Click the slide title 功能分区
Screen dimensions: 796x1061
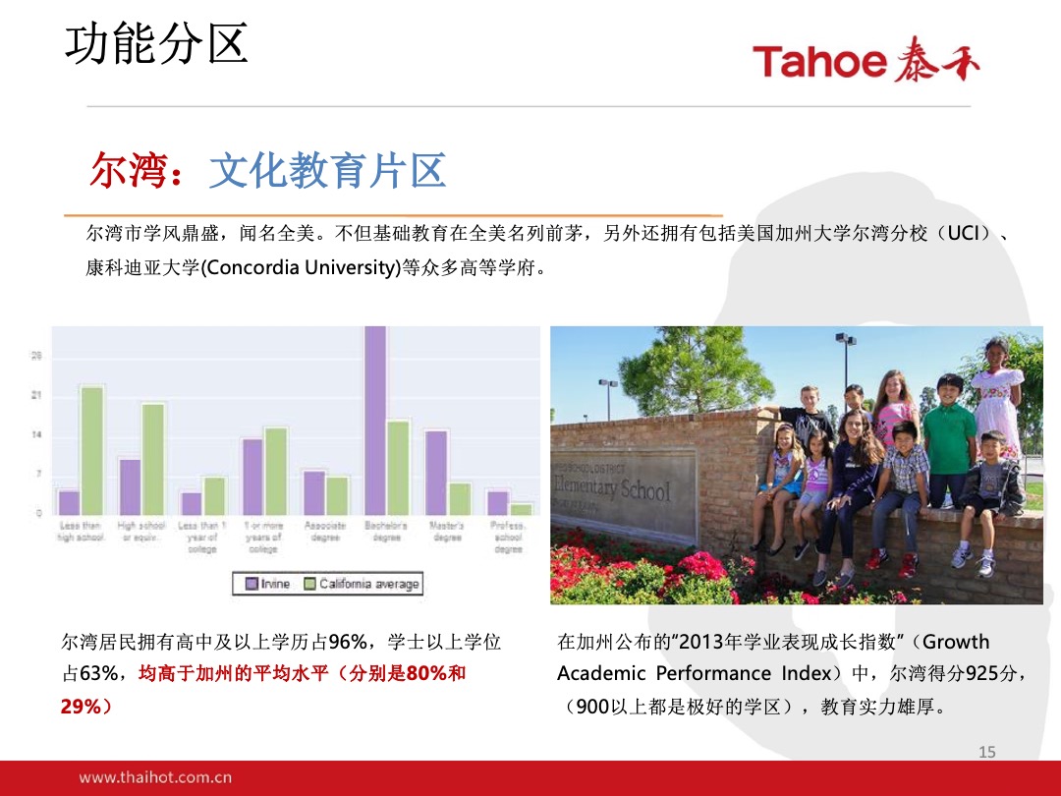[156, 44]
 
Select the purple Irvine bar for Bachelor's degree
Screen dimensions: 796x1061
[375, 421]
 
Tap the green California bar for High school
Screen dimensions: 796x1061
[153, 458]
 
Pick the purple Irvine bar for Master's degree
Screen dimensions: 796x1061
[436, 472]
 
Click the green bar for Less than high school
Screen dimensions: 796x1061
[92, 450]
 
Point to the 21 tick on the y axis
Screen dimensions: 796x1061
[36, 396]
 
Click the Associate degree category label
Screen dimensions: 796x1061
[325, 532]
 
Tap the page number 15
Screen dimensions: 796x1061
[987, 752]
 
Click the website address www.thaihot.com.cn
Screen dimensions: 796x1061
[155, 777]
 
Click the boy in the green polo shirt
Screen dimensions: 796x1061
[949, 437]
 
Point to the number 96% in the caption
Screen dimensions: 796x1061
[347, 643]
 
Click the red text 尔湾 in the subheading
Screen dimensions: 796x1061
[119, 172]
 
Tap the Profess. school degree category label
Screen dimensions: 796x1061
[508, 538]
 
